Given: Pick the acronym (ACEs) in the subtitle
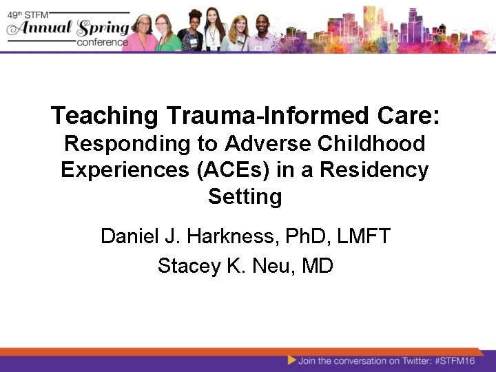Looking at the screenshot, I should pos(229,169).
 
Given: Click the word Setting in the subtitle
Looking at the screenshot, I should pos(245,196).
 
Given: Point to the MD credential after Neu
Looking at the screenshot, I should pos(318,265).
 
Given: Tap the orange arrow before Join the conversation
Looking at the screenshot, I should pos(292,360).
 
